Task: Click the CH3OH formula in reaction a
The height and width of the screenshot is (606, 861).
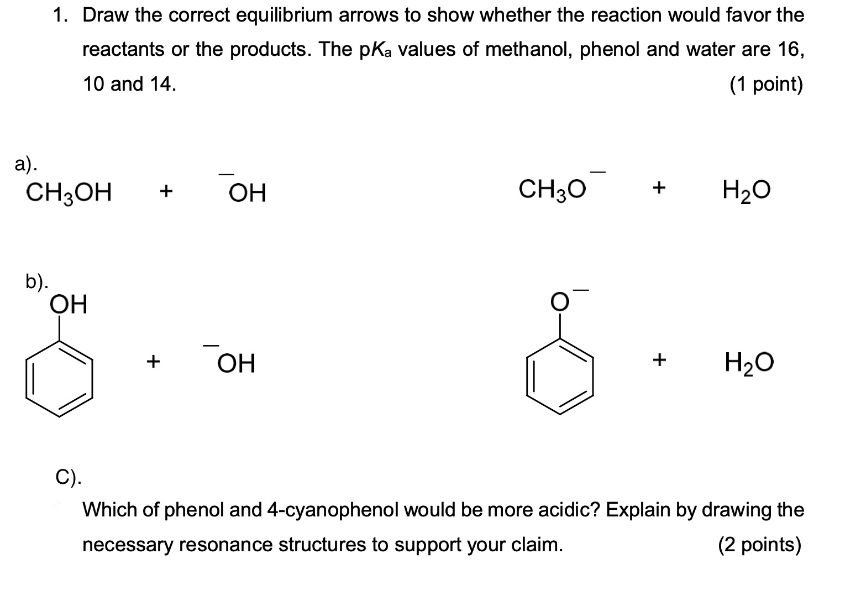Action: point(69,193)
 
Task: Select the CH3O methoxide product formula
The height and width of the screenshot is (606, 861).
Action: point(552,190)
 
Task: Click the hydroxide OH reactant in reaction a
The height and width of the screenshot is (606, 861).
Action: point(247,193)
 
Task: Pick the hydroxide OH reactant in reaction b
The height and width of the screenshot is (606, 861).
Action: point(236,364)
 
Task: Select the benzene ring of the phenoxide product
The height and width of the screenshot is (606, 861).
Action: point(560,376)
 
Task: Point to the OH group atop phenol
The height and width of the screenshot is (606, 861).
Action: point(69,305)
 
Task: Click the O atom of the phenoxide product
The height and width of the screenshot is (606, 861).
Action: point(559,302)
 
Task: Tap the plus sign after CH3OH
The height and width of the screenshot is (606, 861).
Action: point(165,192)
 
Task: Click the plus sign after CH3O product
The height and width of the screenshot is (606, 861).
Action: point(658,188)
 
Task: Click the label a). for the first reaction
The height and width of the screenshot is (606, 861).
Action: point(26,164)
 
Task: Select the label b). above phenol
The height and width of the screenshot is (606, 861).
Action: point(37,283)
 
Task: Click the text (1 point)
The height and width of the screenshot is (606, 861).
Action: point(766,84)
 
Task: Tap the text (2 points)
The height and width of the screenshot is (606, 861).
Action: point(760,545)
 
